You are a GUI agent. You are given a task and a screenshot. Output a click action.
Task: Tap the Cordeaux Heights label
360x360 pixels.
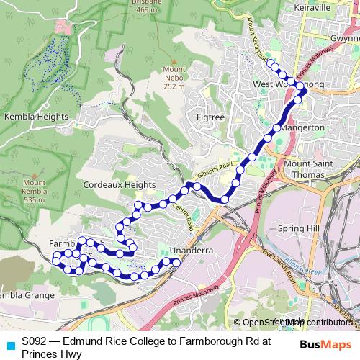tap(119, 185)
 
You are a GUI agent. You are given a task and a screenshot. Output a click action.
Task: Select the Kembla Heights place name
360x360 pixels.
tap(37, 117)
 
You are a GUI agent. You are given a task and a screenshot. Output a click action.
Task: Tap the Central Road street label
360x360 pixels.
tap(184, 216)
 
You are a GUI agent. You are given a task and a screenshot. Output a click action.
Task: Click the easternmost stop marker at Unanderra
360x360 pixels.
tap(176, 264)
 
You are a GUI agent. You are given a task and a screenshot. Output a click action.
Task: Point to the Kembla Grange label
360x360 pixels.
tap(26, 295)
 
